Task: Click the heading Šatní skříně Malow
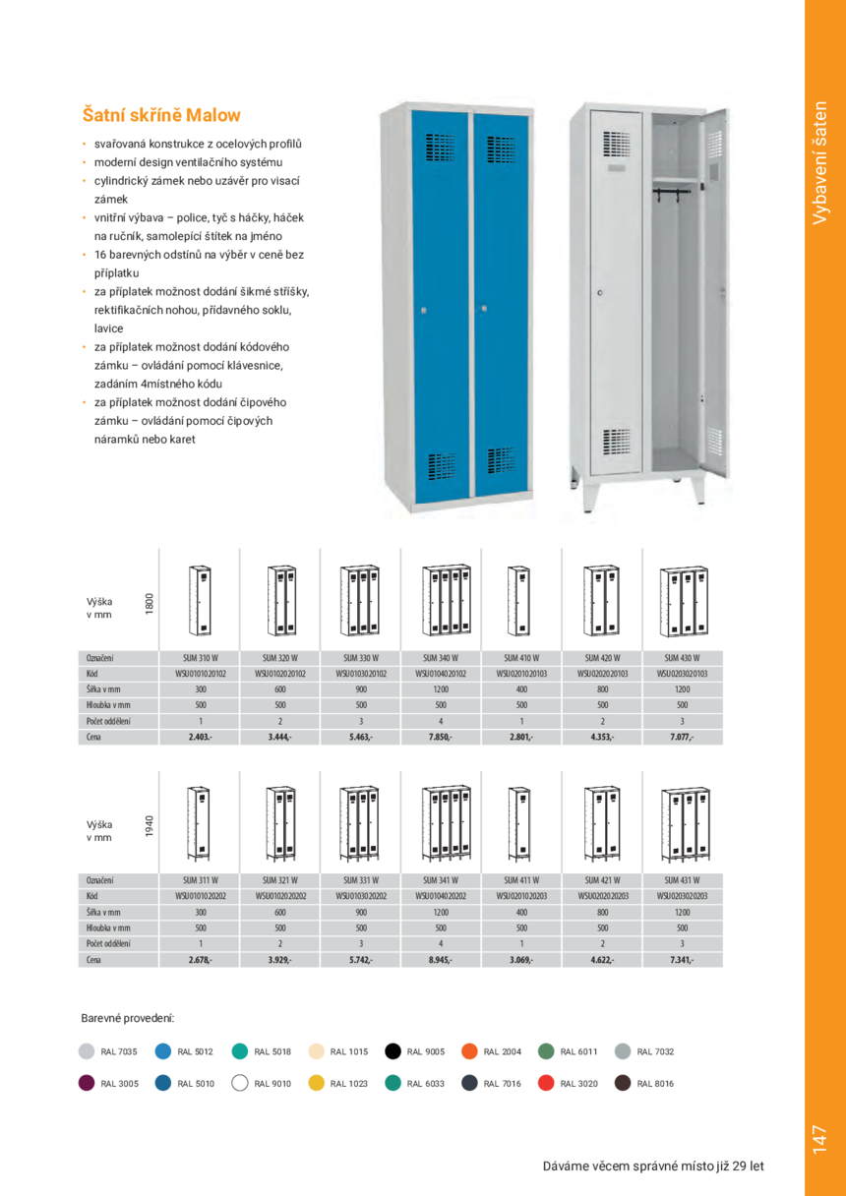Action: (161, 115)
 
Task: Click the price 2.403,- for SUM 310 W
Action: (200, 737)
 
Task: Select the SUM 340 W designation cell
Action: (440, 658)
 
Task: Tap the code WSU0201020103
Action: (520, 674)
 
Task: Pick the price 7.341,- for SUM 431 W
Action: (682, 959)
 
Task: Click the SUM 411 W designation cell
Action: (520, 880)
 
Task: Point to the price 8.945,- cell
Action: (440, 959)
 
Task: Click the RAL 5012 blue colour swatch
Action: (163, 1051)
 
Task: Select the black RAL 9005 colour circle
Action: (393, 1051)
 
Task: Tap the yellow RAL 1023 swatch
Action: (317, 1083)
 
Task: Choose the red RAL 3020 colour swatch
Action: (547, 1083)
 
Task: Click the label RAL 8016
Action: (655, 1084)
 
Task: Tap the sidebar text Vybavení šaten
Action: (823, 162)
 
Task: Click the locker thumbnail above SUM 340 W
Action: (440, 600)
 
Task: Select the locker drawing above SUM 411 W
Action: (520, 821)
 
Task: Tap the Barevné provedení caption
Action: (127, 1018)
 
